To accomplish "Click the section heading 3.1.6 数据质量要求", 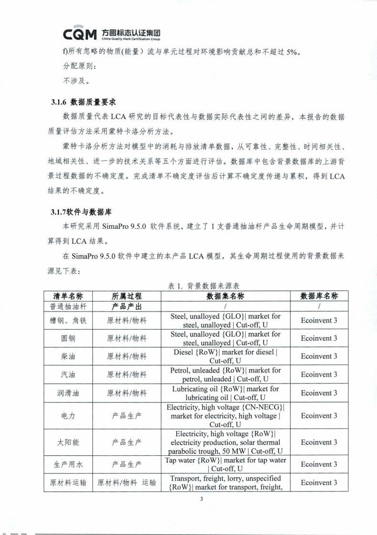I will [x=83, y=102].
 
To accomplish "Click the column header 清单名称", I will [x=68, y=296].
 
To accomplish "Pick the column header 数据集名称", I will [x=225, y=296].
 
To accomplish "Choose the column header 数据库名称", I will [x=319, y=296].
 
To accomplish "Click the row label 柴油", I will [x=68, y=356].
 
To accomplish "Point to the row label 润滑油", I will [x=68, y=393].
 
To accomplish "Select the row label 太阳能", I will [x=68, y=442].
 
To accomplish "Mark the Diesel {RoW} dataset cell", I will [x=225, y=356].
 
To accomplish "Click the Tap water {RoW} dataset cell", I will [x=225, y=464].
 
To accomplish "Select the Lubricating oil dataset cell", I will [x=225, y=393].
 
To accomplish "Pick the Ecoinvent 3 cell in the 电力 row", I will [x=319, y=416].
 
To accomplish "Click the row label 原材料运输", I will [x=68, y=483].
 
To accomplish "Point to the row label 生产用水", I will [x=68, y=464].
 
